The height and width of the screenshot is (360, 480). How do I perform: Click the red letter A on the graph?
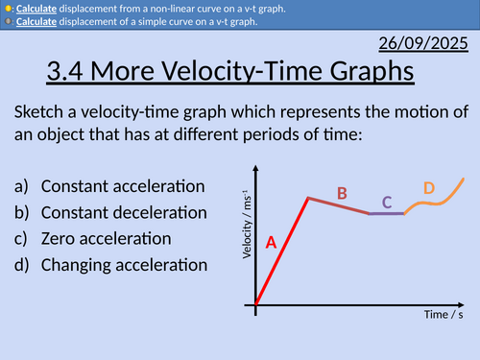click(271, 244)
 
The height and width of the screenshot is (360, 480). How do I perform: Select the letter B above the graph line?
click(342, 194)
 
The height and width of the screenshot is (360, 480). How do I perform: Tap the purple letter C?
click(387, 203)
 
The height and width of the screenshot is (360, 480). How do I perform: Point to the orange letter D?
click(429, 188)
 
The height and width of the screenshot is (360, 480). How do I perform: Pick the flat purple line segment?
click(387, 213)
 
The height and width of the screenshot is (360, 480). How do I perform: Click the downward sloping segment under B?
click(339, 205)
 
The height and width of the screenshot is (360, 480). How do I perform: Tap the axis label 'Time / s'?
click(444, 314)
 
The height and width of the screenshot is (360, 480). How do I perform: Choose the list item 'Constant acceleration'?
click(123, 185)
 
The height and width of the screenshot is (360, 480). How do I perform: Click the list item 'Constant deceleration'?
click(124, 211)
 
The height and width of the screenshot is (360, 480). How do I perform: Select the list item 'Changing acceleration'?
click(124, 263)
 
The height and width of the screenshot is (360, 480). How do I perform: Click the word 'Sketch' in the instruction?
click(41, 110)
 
